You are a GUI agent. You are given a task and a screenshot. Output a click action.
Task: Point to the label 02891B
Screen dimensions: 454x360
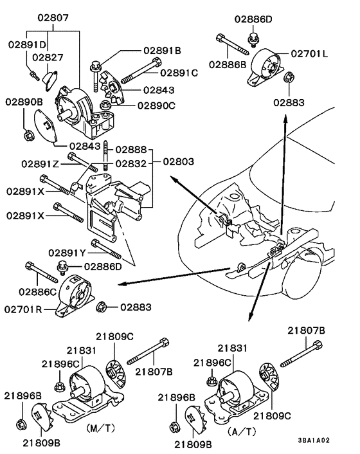coord(161,50)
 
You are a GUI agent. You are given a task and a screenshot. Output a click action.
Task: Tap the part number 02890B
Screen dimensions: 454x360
coord(25,102)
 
